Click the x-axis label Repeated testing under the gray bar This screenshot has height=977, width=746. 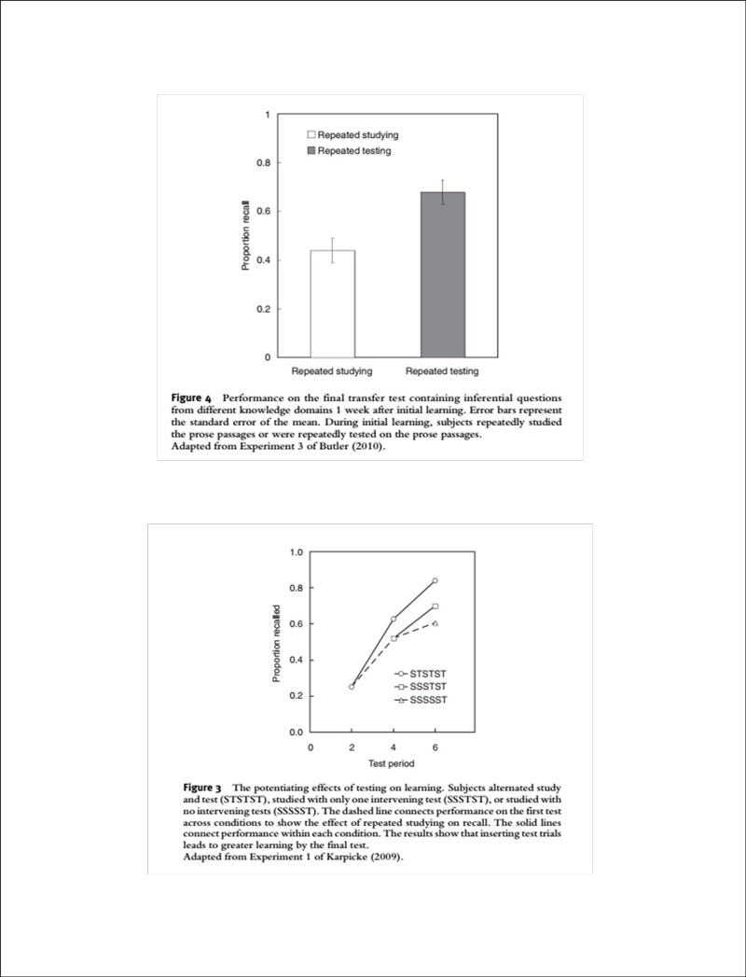[442, 372]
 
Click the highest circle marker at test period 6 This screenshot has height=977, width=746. [435, 580]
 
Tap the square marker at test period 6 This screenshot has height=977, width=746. [435, 607]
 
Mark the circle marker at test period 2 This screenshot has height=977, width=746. [352, 687]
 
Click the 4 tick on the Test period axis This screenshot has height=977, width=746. [394, 747]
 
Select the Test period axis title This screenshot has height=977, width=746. [394, 763]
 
